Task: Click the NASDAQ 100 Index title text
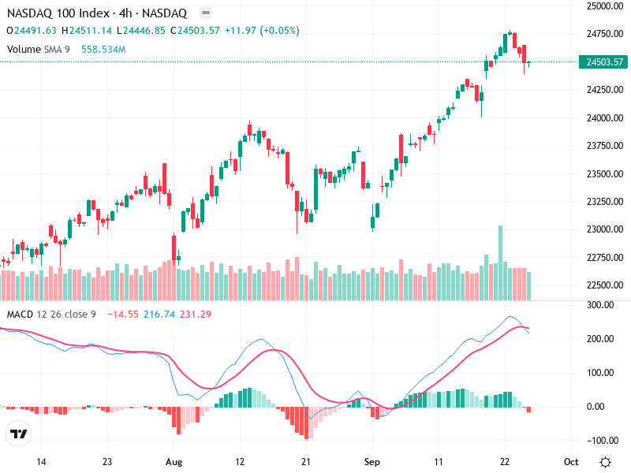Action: coord(55,13)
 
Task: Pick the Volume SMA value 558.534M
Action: coord(103,49)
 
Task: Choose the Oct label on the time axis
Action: coord(571,461)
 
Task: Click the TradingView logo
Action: coord(19,434)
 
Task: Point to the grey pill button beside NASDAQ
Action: coord(205,13)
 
